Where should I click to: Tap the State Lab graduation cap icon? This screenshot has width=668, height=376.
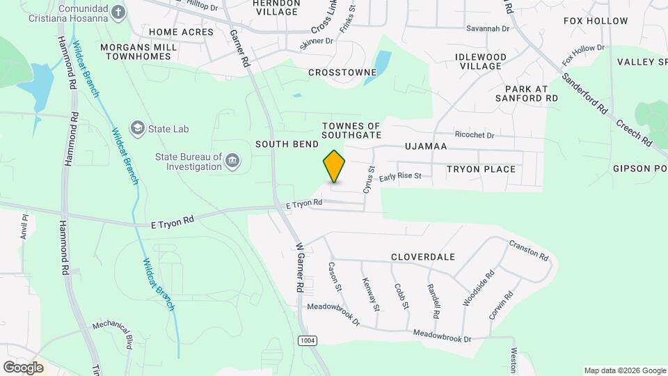click(138, 129)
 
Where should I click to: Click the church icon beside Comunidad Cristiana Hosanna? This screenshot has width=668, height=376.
click(119, 12)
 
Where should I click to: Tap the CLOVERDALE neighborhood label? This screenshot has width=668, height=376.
click(422, 257)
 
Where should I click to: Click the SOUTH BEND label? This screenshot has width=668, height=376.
click(287, 144)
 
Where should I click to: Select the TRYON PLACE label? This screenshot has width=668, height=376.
click(481, 169)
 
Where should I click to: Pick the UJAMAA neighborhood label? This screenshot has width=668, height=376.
click(425, 147)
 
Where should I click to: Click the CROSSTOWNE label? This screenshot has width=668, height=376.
click(342, 72)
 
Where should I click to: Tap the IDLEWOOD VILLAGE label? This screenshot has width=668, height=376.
click(480, 61)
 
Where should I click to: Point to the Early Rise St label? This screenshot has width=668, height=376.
click(401, 178)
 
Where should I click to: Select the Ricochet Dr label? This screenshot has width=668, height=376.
click(473, 134)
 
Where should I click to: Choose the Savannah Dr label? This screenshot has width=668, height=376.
click(488, 29)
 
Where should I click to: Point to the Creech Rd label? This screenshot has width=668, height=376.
click(634, 132)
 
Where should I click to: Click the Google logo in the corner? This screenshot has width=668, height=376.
click(24, 367)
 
